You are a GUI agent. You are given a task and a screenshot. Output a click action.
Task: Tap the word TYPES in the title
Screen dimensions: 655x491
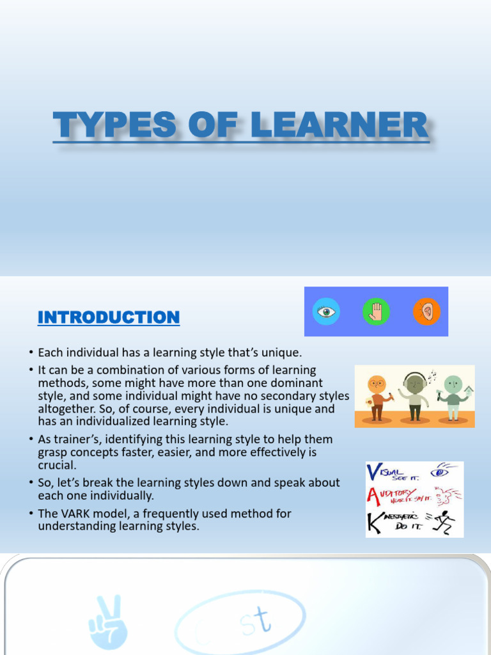pyautogui.click(x=113, y=125)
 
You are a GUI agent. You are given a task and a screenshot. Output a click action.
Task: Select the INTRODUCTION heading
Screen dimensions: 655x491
pyautogui.click(x=109, y=317)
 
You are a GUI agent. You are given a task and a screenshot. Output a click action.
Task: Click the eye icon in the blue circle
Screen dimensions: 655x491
pyautogui.click(x=327, y=312)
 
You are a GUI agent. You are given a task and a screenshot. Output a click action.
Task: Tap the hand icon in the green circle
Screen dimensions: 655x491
pyautogui.click(x=376, y=312)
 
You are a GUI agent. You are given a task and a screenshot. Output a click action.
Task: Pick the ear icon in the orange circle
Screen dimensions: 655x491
pyautogui.click(x=426, y=312)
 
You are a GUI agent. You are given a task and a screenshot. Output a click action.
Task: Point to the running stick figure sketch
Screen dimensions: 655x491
pyautogui.click(x=444, y=522)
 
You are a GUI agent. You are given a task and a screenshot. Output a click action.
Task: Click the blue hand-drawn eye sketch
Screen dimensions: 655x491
pyautogui.click(x=440, y=473)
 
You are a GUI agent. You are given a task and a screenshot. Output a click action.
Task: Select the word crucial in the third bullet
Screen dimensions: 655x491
pyautogui.click(x=56, y=466)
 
